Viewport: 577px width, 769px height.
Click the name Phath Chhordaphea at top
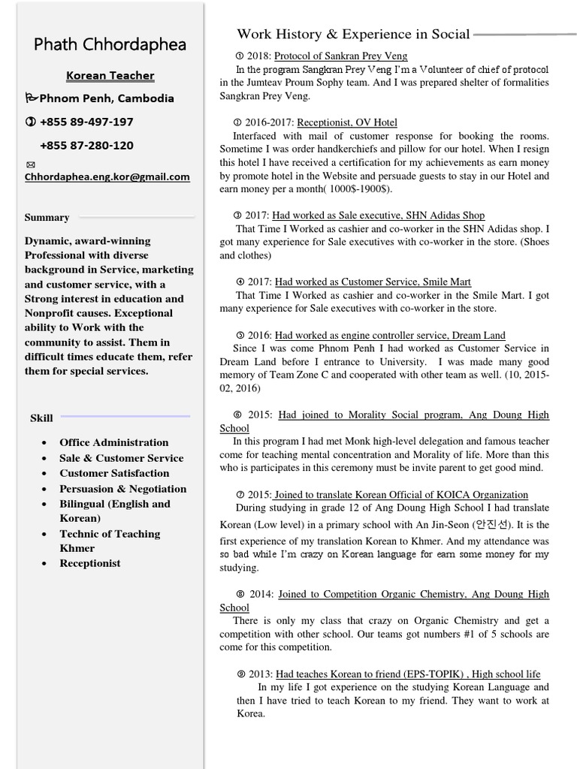(x=110, y=44)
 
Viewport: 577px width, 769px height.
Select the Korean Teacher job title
(x=110, y=76)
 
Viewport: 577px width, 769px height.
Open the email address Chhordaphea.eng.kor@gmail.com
(x=107, y=177)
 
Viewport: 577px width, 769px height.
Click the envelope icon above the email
(x=29, y=164)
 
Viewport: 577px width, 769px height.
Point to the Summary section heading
(x=47, y=218)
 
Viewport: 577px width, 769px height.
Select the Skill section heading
(x=41, y=418)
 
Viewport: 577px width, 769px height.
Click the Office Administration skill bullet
(x=113, y=442)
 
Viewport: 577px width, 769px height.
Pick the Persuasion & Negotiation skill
(x=122, y=488)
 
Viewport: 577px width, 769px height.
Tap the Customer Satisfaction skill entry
(x=114, y=473)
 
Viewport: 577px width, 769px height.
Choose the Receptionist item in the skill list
(x=89, y=563)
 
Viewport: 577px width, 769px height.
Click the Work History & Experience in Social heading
(x=353, y=34)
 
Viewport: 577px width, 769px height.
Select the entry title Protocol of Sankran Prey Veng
(x=340, y=56)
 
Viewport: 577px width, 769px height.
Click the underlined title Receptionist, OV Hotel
(x=347, y=122)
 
